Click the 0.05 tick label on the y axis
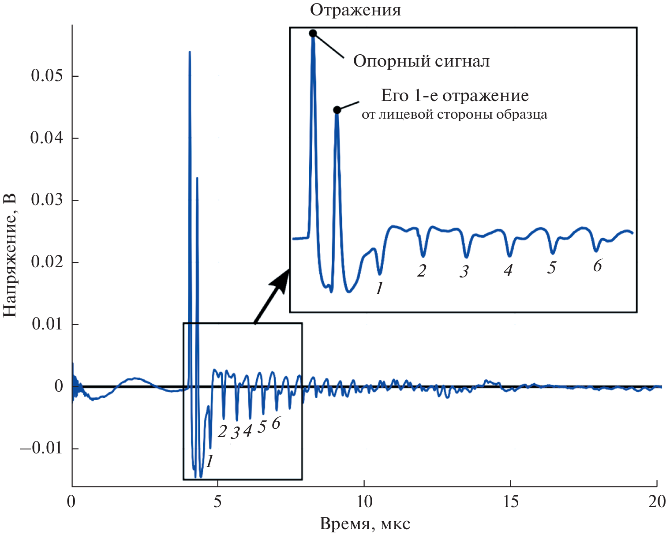coord(47,76)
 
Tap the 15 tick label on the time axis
coord(510,502)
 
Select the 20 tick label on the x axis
coord(656,502)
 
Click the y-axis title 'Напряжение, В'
coord(10,254)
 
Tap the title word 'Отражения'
coord(355,10)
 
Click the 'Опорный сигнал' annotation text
coord(421,61)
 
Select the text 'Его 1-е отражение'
coord(455,96)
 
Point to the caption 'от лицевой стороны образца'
coord(454,115)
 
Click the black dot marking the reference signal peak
coord(313,34)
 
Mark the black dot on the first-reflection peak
coord(337,110)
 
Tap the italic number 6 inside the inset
coord(597,266)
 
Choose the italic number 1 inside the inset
coord(379,288)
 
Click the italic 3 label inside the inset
coord(464,271)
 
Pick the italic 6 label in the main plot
coord(276,423)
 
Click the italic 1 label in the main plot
coord(210,461)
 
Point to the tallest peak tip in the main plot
coord(190,52)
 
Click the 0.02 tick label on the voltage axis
coord(47,262)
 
